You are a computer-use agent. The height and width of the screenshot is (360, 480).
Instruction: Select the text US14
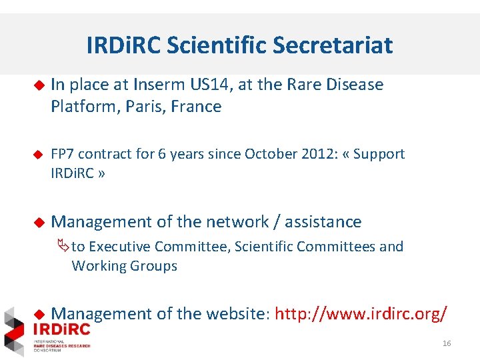click(210, 85)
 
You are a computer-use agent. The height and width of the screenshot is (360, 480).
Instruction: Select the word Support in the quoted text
click(379, 154)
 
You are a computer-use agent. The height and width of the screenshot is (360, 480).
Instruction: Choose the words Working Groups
click(125, 266)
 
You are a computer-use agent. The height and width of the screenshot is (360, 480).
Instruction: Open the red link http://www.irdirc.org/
click(361, 313)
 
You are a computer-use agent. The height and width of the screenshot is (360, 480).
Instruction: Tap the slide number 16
click(447, 343)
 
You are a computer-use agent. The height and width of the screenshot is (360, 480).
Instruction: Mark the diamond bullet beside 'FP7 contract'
click(39, 154)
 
